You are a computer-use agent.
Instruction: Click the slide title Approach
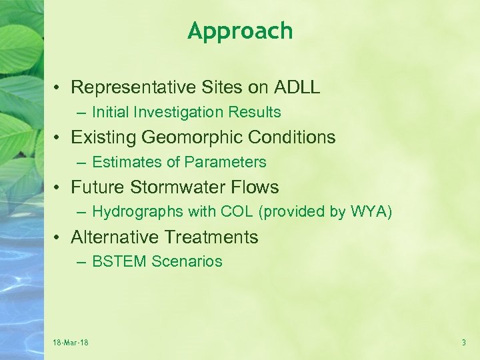point(240,31)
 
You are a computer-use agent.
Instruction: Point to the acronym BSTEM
point(119,262)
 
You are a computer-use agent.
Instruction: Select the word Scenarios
point(187,262)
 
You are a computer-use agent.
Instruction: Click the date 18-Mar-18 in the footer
point(71,343)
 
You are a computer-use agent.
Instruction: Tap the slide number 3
point(463,343)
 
